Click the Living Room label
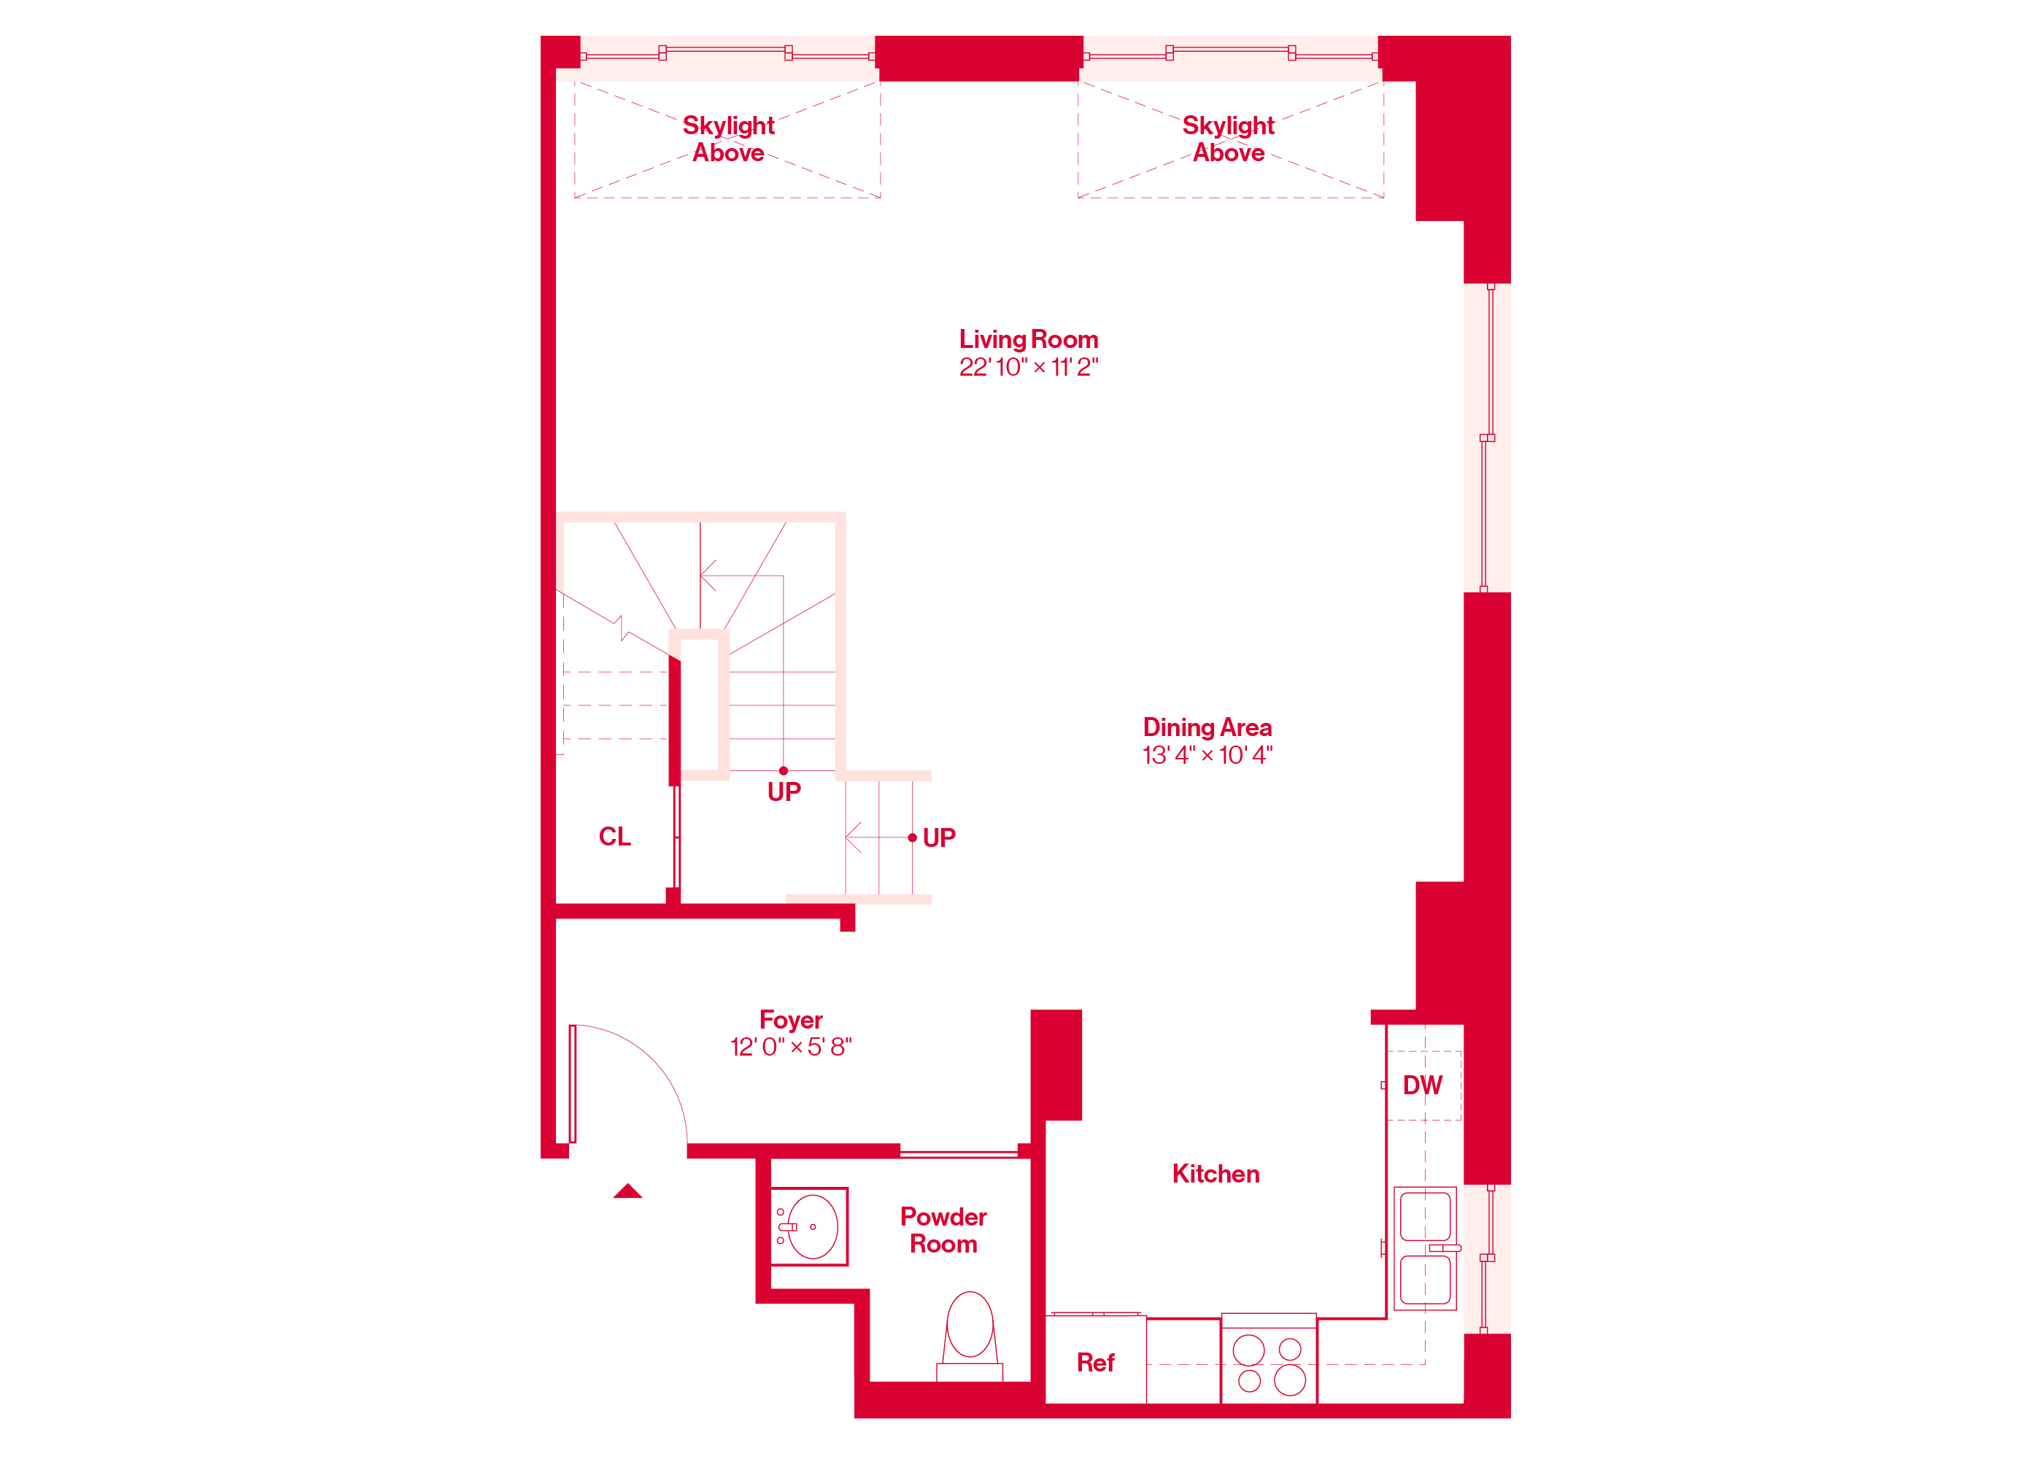[1029, 339]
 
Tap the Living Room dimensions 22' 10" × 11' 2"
[1029, 366]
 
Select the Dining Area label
[1207, 727]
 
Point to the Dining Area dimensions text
[1207, 755]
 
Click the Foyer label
[790, 1020]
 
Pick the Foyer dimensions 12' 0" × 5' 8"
[790, 1047]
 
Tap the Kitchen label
[1215, 1174]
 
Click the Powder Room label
[943, 1230]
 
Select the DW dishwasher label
[1423, 1085]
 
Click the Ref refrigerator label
[1095, 1363]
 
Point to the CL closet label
[614, 837]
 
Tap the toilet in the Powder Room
[970, 1336]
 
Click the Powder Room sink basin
[813, 1226]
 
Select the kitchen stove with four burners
[1268, 1358]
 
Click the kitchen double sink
[1426, 1248]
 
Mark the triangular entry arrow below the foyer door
[627, 1191]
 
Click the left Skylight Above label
[728, 139]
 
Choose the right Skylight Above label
[1228, 139]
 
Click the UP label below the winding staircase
[784, 792]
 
